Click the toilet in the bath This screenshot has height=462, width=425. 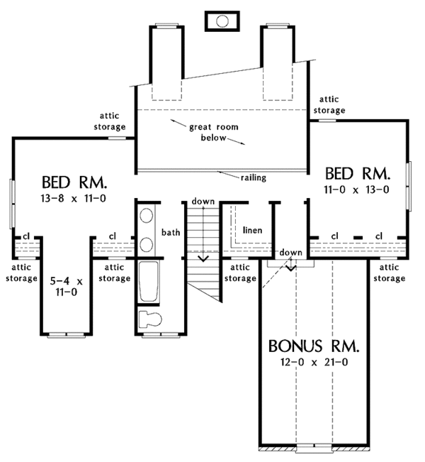(150, 319)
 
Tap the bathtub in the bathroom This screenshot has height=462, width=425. (149, 281)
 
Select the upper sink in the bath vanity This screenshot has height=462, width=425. (146, 215)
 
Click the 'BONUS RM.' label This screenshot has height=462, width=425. (314, 346)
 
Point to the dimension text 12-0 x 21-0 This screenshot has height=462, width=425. (314, 362)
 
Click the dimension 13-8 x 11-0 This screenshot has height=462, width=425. (73, 198)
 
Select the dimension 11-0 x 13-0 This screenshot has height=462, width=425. (356, 189)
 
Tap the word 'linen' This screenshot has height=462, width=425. (252, 230)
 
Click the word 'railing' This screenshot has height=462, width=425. (254, 178)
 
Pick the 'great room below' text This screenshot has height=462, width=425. (213, 132)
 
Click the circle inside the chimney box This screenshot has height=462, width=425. (222, 21)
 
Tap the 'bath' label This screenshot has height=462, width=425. (171, 233)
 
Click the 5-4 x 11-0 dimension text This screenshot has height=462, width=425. (67, 287)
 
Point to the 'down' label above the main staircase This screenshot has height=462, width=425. (203, 202)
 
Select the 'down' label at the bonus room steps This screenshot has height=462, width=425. (290, 253)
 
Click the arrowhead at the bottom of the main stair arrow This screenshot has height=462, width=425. (203, 258)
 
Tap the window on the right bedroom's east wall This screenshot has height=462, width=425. (409, 186)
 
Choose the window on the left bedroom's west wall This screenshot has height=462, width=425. (12, 204)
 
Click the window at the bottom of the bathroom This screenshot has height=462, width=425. (161, 335)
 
